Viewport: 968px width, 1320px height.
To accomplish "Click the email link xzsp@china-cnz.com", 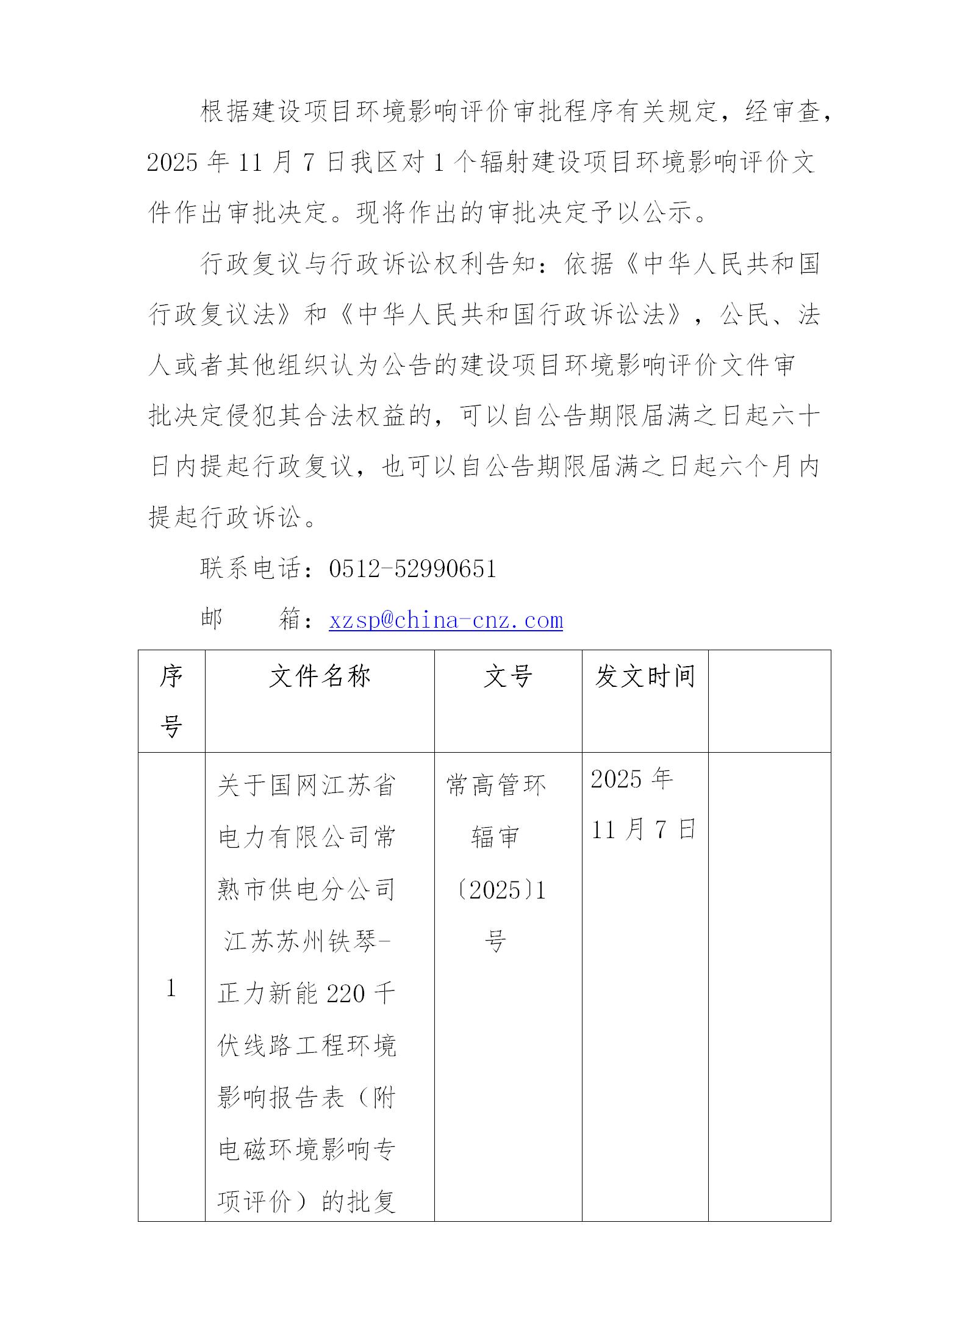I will click(445, 620).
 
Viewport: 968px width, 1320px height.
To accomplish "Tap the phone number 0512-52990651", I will click(412, 569).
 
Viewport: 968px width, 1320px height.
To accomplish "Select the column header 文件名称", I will click(320, 676).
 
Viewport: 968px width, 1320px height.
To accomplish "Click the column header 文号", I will click(507, 676).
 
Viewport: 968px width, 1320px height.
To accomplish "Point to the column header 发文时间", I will click(645, 676).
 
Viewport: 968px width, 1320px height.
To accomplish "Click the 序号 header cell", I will click(171, 701).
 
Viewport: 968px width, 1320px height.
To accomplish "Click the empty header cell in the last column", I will click(769, 701).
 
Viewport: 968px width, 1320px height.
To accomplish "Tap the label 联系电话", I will click(251, 569).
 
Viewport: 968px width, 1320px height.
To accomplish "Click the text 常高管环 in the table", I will click(496, 785).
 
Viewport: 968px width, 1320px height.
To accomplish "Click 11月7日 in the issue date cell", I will click(644, 830).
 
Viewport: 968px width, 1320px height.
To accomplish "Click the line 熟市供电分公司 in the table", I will click(307, 890).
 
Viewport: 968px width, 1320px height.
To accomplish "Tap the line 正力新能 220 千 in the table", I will click(307, 994).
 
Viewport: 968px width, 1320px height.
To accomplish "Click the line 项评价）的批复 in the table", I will click(307, 1202).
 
